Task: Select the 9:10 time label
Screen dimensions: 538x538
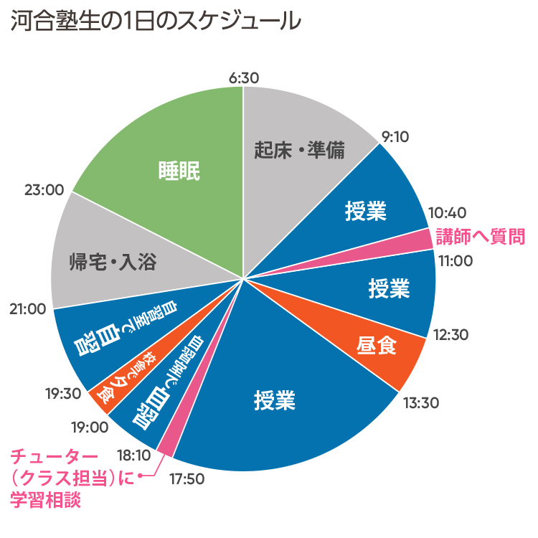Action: point(395,136)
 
